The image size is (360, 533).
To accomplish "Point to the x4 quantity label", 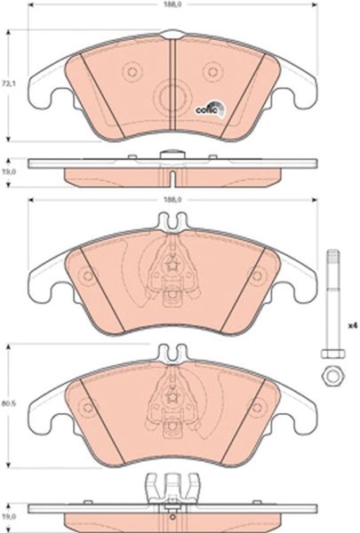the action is (353, 326).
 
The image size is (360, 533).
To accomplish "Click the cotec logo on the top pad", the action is (210, 108).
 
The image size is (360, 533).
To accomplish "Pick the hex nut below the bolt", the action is (332, 376).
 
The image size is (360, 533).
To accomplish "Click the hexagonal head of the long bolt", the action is (332, 354).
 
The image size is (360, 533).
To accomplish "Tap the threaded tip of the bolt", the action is (332, 257).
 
